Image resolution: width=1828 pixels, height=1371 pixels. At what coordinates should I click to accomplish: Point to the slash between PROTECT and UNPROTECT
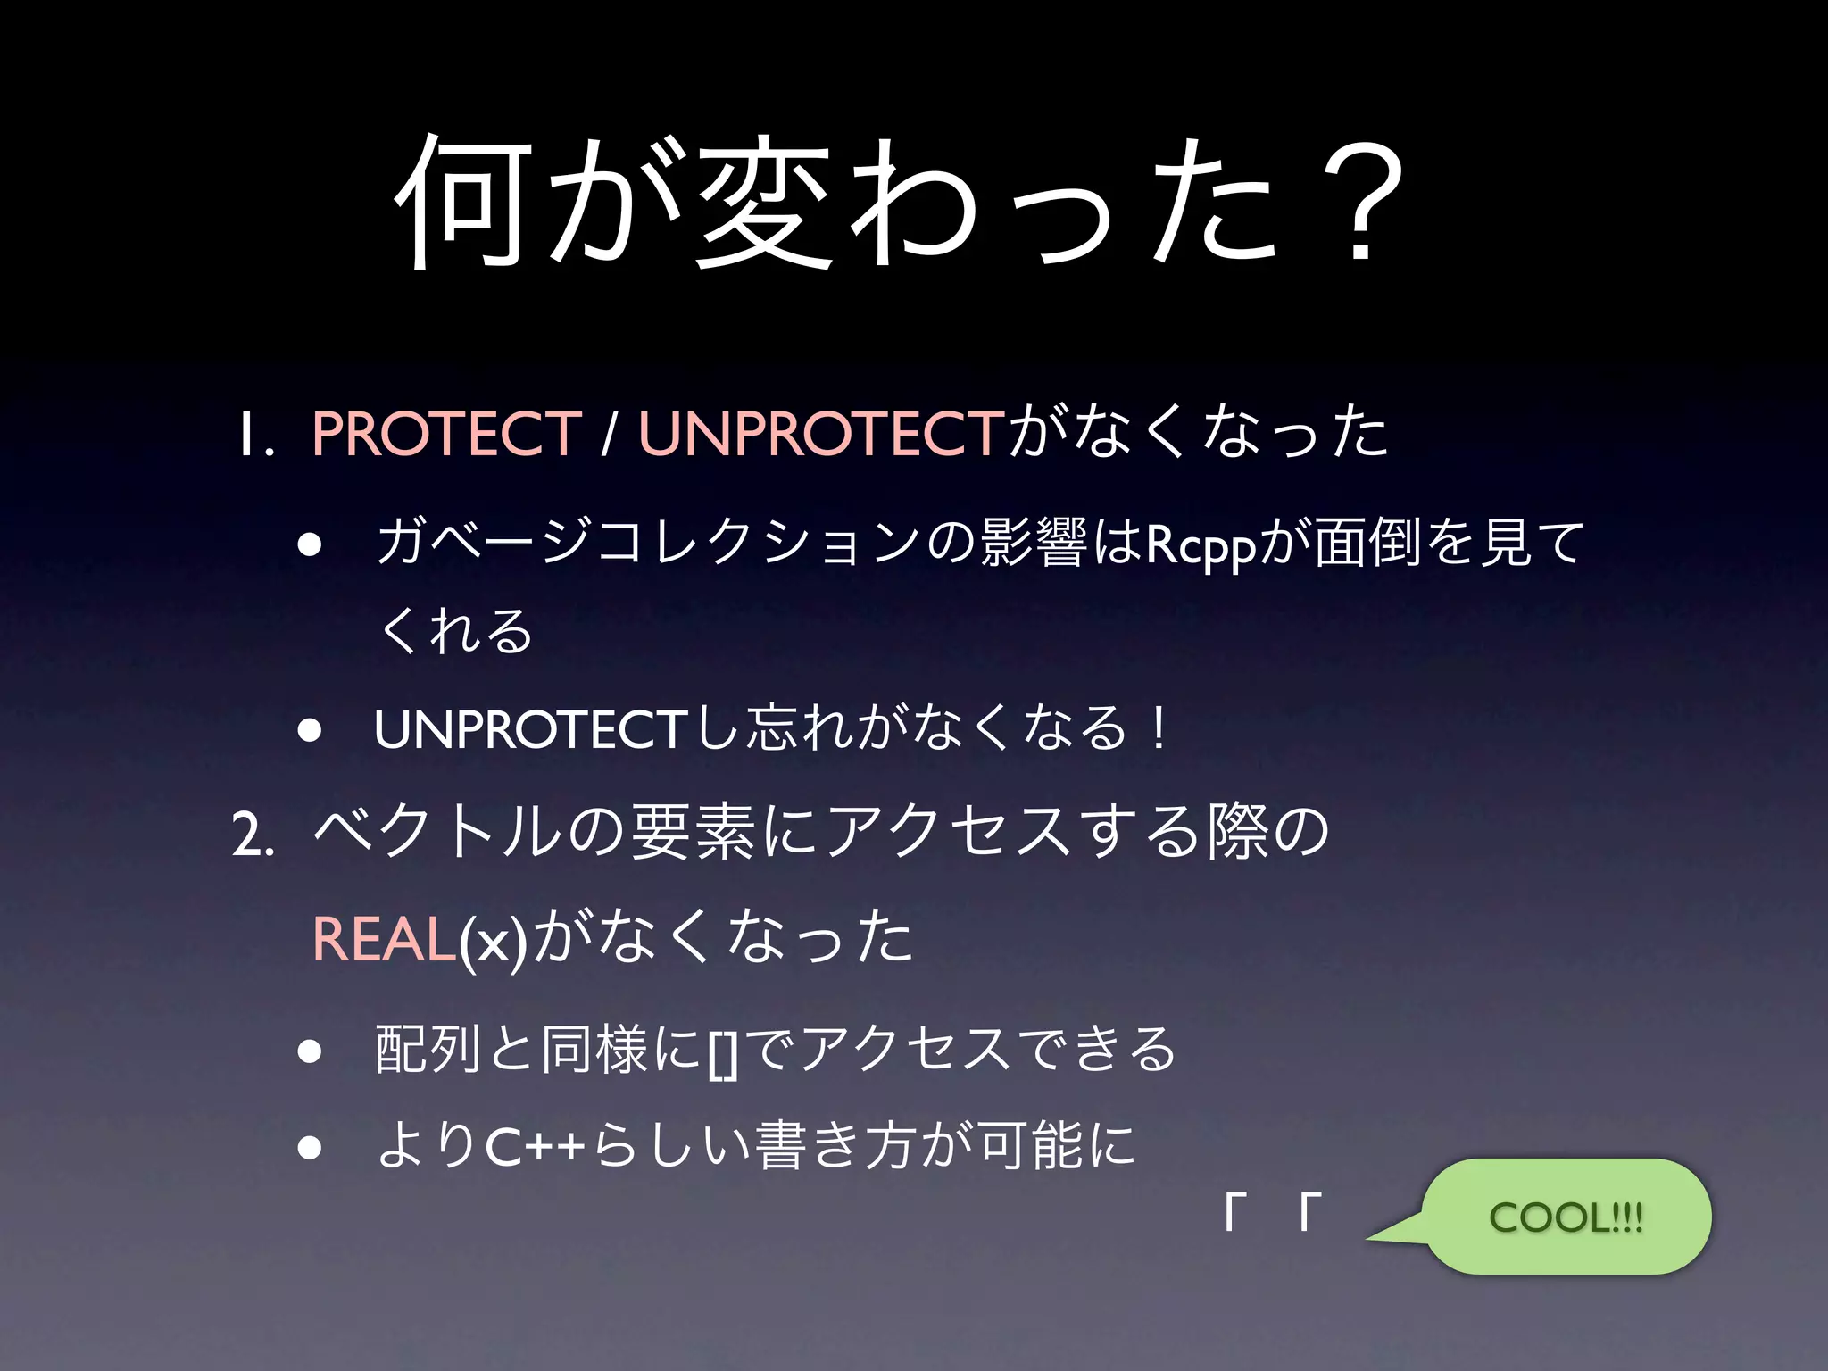tap(609, 434)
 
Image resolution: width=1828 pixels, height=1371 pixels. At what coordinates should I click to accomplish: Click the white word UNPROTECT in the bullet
tap(529, 730)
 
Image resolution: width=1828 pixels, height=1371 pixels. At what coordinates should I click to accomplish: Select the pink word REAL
tap(384, 939)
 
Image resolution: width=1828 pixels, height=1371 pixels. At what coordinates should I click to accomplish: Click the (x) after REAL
tap(494, 941)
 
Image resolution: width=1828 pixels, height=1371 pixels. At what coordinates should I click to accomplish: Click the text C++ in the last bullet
tap(535, 1147)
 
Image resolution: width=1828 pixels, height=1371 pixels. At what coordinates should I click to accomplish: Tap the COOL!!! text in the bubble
tap(1566, 1217)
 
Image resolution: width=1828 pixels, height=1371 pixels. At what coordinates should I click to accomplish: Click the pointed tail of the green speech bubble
tap(1379, 1236)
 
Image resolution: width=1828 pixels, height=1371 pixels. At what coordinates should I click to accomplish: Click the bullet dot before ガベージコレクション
tap(310, 544)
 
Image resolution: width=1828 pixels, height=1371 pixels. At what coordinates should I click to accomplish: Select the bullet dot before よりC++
tap(310, 1147)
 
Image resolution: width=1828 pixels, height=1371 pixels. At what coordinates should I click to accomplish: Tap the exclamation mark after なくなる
tap(1158, 728)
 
